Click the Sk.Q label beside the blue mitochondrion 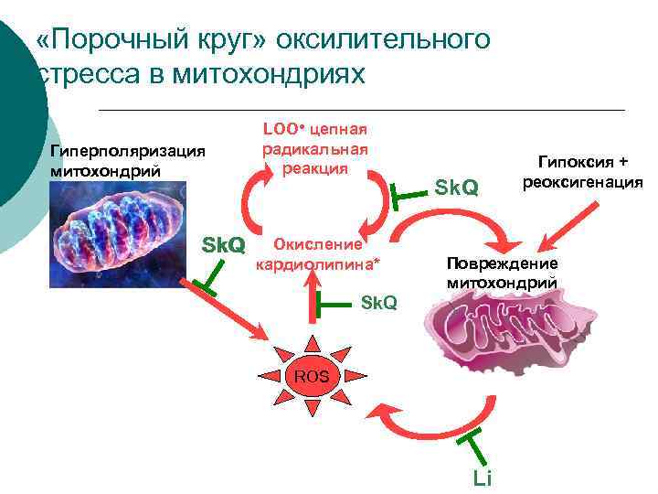223,244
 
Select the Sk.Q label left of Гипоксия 456,188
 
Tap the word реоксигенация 582,181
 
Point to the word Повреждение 502,263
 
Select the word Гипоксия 582,162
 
